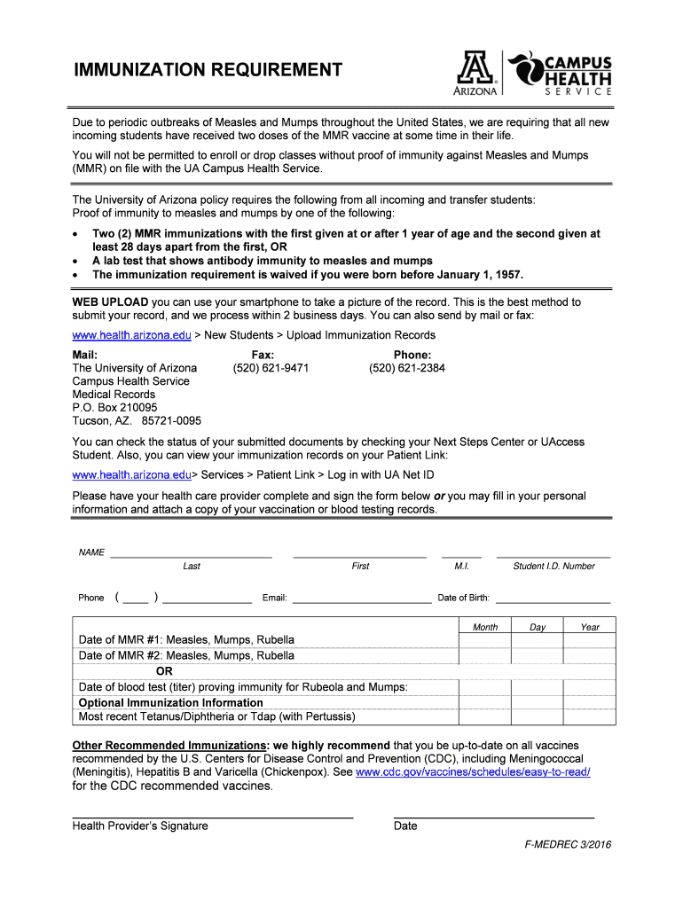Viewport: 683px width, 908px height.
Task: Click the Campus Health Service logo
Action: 560,73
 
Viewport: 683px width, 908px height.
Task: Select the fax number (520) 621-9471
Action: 271,368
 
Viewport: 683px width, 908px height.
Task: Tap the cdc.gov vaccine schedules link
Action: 472,772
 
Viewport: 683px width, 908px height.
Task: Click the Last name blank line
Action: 191,556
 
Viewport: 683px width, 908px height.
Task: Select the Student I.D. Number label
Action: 553,566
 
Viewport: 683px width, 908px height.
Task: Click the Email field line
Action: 362,602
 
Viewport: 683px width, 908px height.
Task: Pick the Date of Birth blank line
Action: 553,602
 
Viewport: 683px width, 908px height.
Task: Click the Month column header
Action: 485,627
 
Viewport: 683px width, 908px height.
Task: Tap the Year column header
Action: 590,627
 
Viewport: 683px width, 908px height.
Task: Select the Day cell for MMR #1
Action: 538,640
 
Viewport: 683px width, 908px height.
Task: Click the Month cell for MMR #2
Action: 485,656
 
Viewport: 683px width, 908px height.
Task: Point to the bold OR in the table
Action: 164,671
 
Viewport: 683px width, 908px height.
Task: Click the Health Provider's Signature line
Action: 212,816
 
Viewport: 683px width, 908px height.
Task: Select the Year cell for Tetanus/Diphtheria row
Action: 590,716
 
